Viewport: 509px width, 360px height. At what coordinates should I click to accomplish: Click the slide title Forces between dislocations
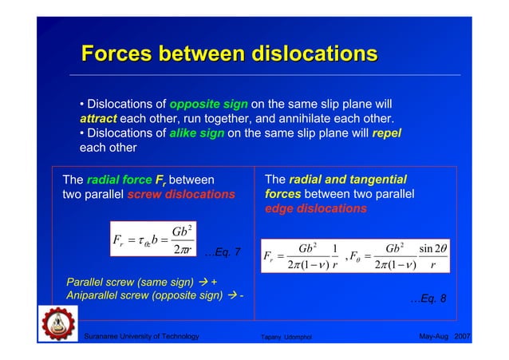click(229, 54)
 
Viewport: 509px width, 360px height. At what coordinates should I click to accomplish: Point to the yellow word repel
click(386, 133)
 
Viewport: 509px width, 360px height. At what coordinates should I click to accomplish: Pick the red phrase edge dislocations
click(315, 208)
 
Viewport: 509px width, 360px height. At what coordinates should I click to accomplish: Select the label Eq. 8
click(428, 299)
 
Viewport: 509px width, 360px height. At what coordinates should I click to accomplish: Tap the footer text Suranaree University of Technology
click(141, 338)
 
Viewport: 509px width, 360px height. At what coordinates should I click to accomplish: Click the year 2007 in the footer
click(462, 338)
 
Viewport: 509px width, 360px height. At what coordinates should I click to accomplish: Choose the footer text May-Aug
click(434, 338)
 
